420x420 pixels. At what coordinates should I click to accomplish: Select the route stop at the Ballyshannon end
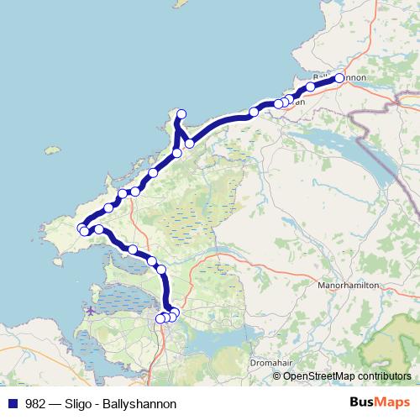tap(339, 78)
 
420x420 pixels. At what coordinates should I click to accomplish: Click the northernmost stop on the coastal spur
tap(181, 114)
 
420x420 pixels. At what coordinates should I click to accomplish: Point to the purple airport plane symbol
tap(90, 312)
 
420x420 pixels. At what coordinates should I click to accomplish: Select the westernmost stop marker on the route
tap(81, 228)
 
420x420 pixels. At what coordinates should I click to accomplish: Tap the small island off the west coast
tap(52, 151)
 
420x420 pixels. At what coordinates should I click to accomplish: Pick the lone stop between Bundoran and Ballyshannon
tap(311, 87)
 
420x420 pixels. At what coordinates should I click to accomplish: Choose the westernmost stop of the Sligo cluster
tap(160, 318)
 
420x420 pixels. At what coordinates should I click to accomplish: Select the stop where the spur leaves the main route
tap(177, 153)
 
